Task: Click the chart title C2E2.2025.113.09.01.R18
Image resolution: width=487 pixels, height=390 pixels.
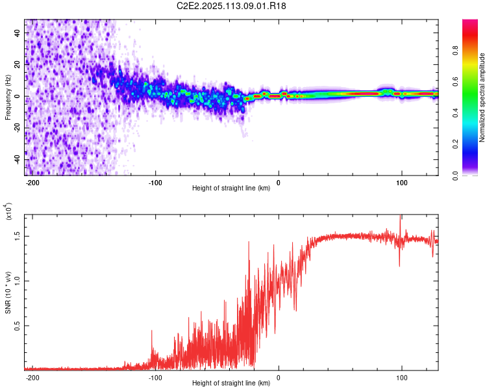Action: click(x=232, y=6)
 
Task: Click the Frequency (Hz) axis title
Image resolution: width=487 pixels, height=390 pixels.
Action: click(x=8, y=97)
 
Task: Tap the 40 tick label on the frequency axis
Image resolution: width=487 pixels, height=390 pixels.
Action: click(x=18, y=33)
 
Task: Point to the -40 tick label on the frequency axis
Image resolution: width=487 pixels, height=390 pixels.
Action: click(x=18, y=160)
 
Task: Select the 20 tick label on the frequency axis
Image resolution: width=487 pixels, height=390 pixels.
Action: click(x=18, y=65)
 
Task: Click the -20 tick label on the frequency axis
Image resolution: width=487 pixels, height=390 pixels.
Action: click(x=18, y=128)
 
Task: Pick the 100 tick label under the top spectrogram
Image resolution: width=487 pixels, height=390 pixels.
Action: click(x=402, y=182)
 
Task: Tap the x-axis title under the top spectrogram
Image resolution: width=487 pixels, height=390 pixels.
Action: click(x=231, y=188)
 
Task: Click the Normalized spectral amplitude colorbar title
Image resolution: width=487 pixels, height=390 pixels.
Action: click(x=482, y=97)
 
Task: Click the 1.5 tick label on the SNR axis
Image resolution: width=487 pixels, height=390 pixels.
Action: click(x=18, y=236)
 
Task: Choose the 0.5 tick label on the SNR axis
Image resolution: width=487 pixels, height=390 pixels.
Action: click(x=18, y=326)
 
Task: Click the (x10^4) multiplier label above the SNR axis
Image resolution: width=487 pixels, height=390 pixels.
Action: click(x=8, y=213)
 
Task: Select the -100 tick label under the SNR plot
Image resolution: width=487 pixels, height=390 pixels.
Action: click(x=155, y=377)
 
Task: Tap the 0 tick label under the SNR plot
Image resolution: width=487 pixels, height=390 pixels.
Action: click(x=279, y=377)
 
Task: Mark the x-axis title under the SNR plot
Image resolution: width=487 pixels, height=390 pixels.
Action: click(x=231, y=383)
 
